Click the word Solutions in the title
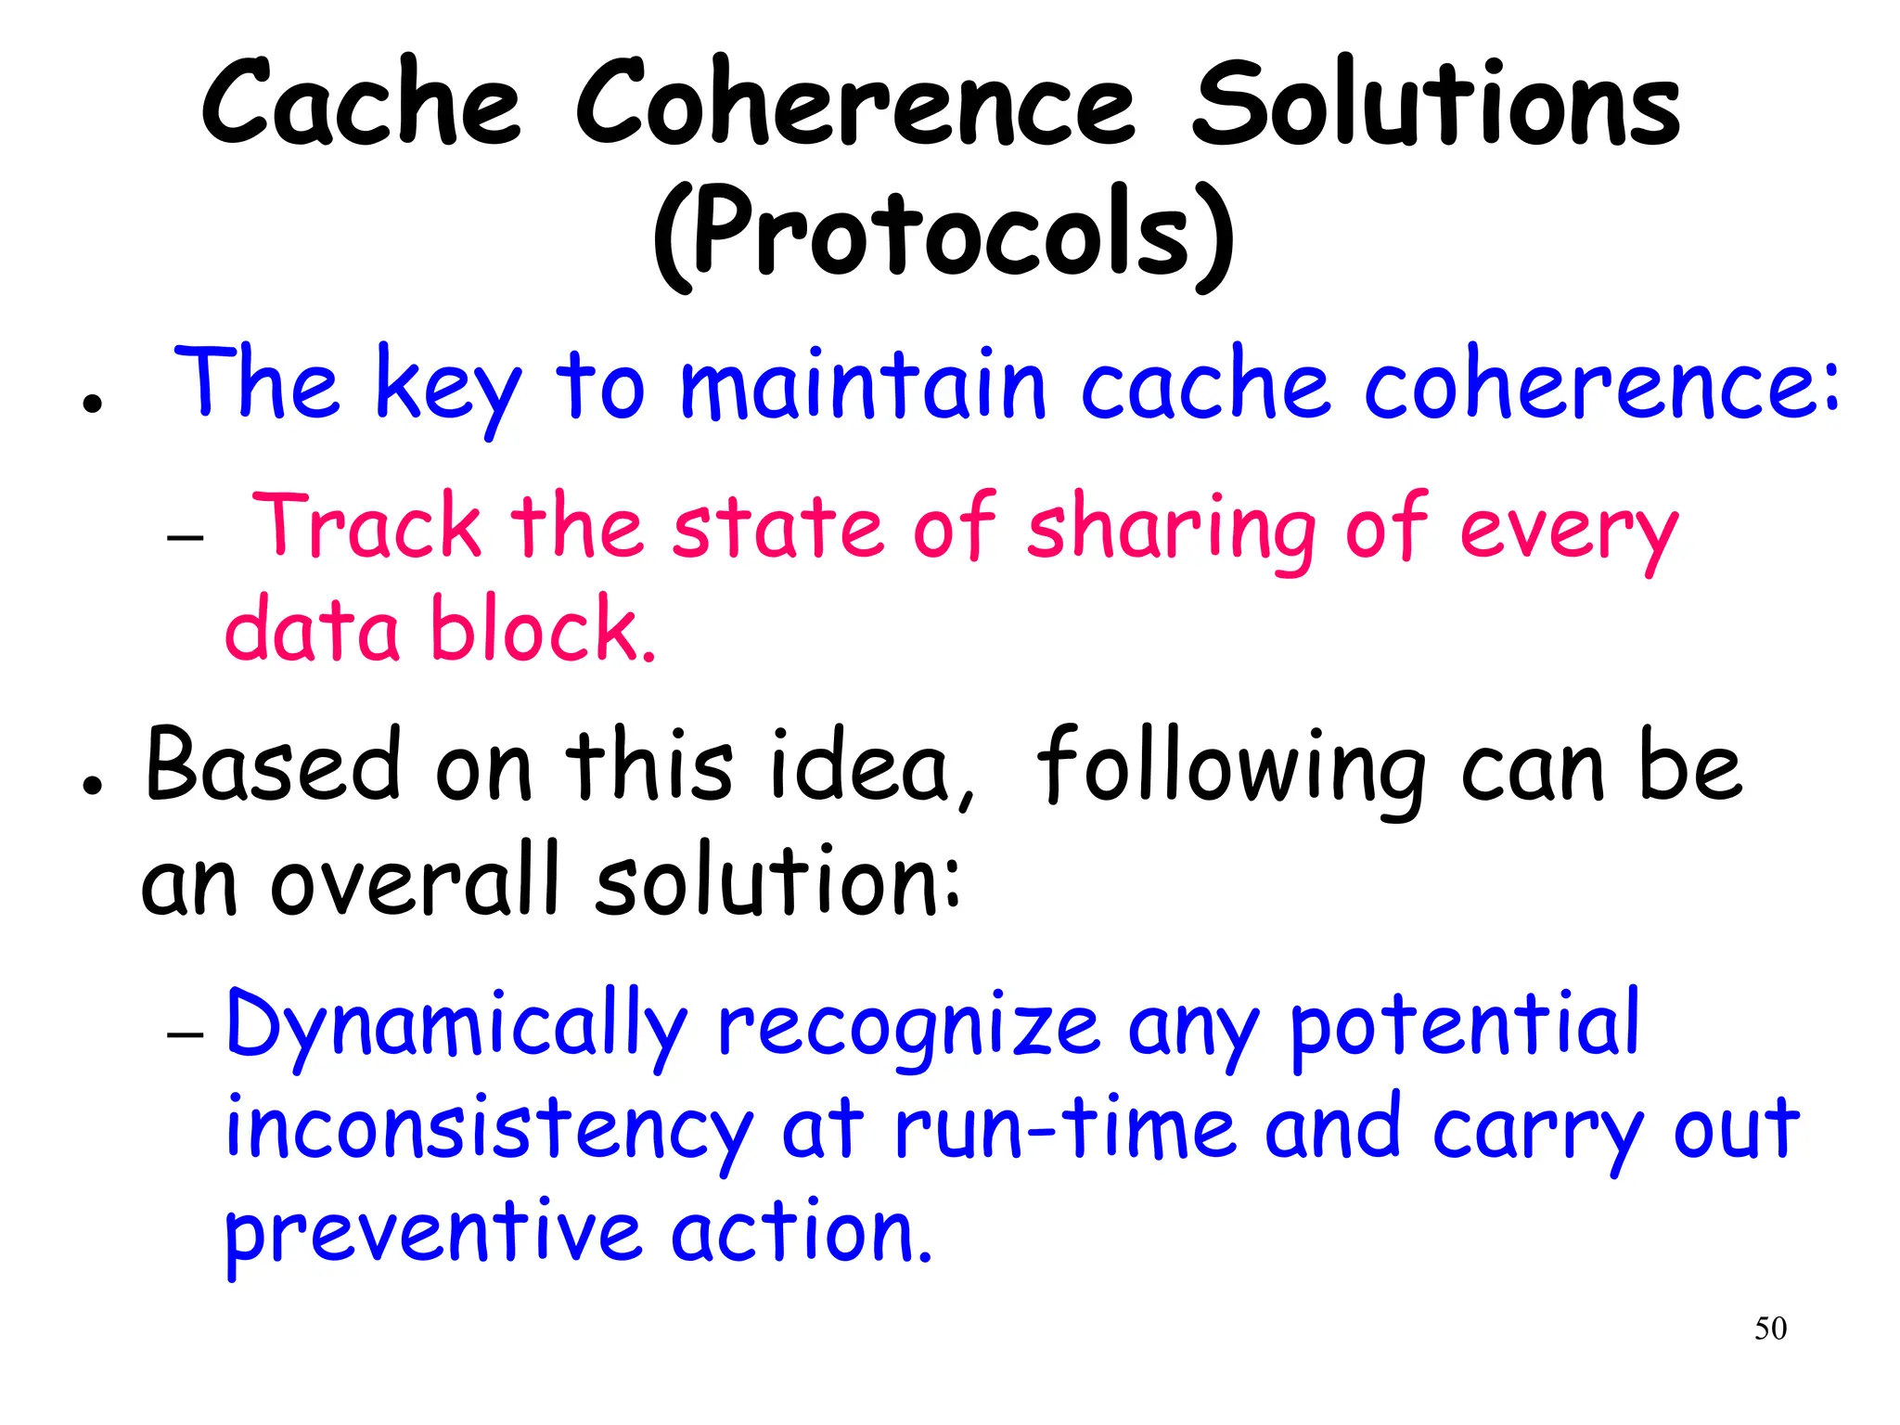[1435, 104]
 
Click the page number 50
[1770, 1329]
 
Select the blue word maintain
[864, 386]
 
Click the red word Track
[366, 526]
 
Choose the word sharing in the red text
[1172, 529]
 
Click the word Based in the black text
[273, 765]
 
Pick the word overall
[417, 881]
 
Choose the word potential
[1465, 1025]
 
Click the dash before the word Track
[186, 537]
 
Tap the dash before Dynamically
[186, 1034]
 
